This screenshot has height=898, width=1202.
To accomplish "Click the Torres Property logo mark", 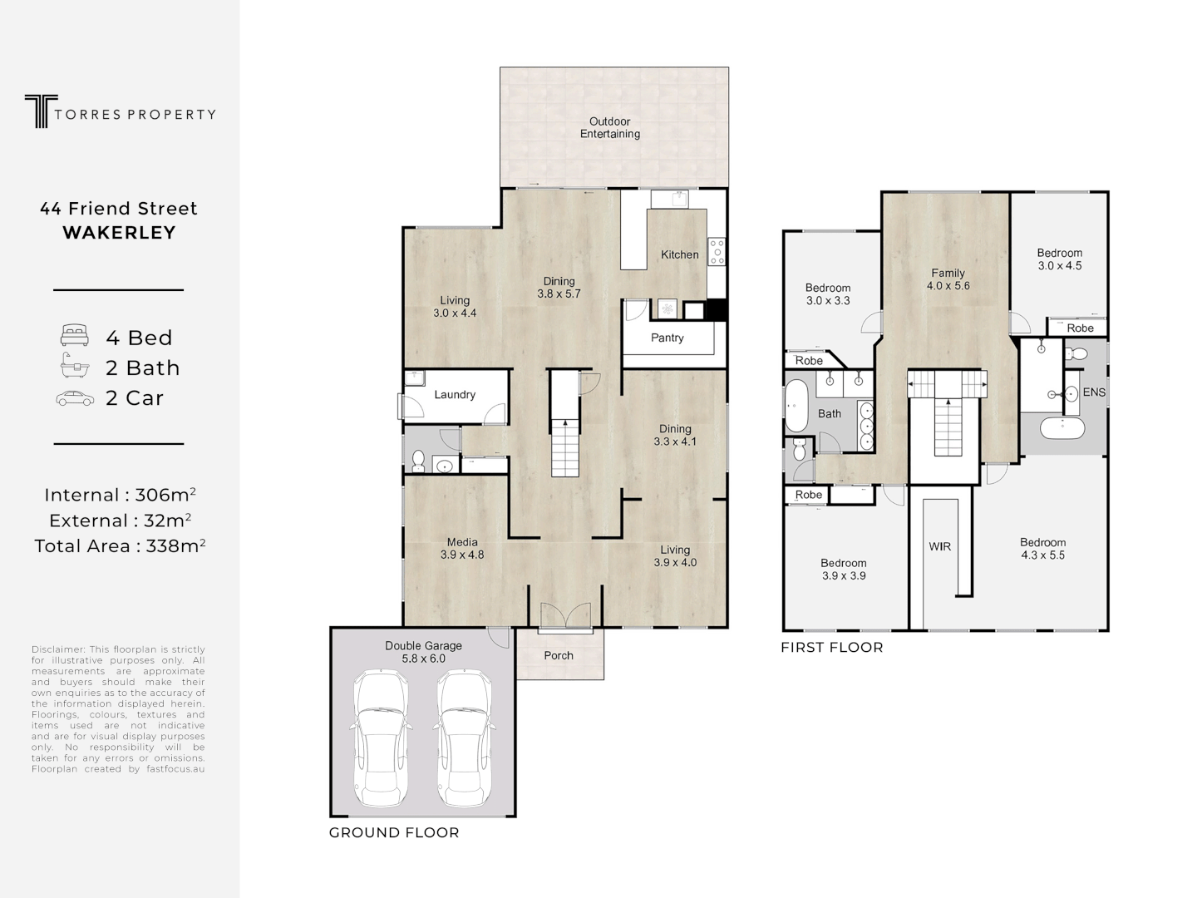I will [37, 111].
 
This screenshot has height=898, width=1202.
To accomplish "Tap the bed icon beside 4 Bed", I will [74, 336].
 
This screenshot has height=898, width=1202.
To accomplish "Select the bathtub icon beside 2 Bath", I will [74, 366].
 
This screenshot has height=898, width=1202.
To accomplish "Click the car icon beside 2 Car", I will [75, 398].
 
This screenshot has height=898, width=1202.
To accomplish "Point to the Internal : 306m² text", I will [119, 495].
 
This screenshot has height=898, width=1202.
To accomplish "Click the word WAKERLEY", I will [119, 233].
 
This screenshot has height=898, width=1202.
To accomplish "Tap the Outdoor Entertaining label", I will [609, 127].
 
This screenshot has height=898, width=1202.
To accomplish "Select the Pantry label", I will [667, 338].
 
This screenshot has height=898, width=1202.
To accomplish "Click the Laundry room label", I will [454, 394].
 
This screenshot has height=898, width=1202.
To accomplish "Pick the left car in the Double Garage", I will [381, 739].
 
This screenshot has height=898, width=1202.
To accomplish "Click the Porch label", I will [558, 655].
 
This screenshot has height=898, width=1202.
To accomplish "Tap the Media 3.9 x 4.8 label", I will [461, 549].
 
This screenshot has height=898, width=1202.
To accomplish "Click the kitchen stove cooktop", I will [716, 251].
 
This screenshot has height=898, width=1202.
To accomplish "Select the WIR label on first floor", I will [939, 546].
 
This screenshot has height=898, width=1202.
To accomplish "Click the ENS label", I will [1093, 392].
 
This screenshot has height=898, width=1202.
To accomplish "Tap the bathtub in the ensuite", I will [1062, 429].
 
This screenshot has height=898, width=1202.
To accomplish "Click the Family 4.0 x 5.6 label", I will [948, 279].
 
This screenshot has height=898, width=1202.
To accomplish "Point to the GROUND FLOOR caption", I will [394, 832].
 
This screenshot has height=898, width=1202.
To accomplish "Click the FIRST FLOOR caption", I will [831, 647].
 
